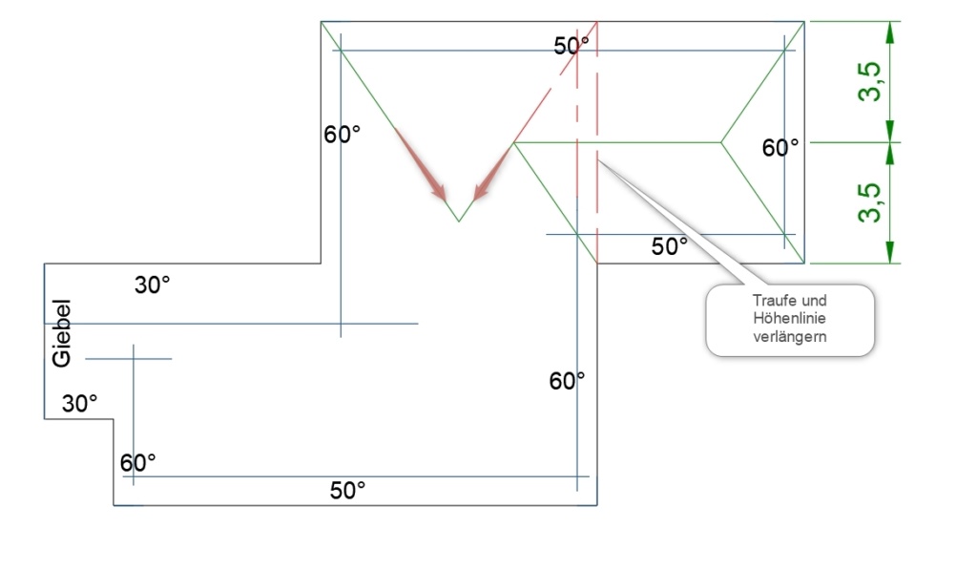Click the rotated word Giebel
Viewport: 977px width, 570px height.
pyautogui.click(x=61, y=333)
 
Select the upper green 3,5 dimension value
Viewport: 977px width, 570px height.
pyautogui.click(x=870, y=81)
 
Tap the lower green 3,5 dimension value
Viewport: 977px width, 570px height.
pyautogui.click(x=870, y=202)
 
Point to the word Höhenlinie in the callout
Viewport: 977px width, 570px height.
pyautogui.click(x=789, y=318)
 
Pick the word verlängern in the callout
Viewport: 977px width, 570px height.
pyautogui.click(x=789, y=337)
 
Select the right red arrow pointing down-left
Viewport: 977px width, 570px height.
pyautogui.click(x=492, y=174)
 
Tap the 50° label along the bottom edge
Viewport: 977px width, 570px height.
pyautogui.click(x=347, y=490)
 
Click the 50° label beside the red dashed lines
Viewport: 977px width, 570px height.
pyautogui.click(x=571, y=46)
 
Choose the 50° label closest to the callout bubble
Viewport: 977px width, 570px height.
pyautogui.click(x=669, y=246)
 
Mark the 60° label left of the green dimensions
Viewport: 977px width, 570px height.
pyautogui.click(x=780, y=148)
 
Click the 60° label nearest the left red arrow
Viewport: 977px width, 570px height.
pyautogui.click(x=342, y=134)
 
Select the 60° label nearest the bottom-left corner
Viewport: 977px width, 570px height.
pyautogui.click(x=137, y=463)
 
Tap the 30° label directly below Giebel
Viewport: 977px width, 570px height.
pyautogui.click(x=80, y=404)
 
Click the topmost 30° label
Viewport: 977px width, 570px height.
pyautogui.click(x=152, y=285)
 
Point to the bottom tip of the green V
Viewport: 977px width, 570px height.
pyautogui.click(x=459, y=222)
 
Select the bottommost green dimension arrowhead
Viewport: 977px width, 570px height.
pyautogui.click(x=890, y=252)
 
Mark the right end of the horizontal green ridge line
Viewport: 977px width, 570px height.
pyautogui.click(x=721, y=143)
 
